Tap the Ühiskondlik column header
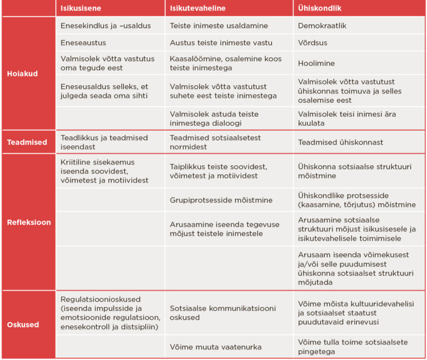(320, 8)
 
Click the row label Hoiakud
(22, 73)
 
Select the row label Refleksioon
(28, 222)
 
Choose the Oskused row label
(23, 324)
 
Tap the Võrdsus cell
(311, 43)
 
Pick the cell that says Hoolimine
(315, 64)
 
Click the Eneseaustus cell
(83, 43)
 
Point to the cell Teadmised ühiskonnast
(340, 142)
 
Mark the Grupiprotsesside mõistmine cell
(217, 200)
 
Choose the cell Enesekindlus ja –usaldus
(105, 26)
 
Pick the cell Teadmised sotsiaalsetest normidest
(215, 142)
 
